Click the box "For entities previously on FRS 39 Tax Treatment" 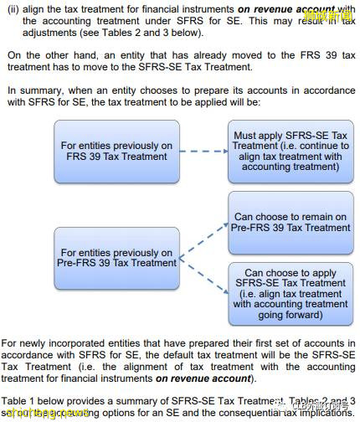pos(116,152)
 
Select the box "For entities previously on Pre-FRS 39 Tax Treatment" pos(116,257)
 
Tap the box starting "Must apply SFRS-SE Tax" pos(290,152)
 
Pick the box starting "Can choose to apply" pos(290,293)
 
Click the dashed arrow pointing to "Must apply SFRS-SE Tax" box pos(202,152)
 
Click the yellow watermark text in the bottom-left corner pos(47,413)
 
